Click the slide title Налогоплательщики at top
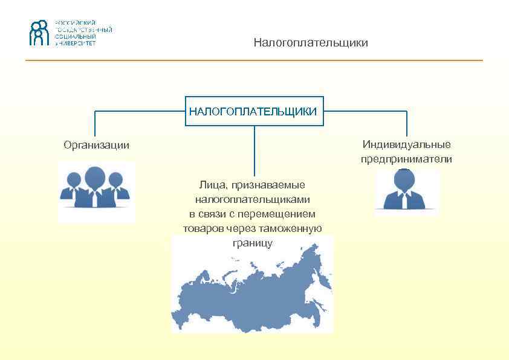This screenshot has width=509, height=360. [x=311, y=43]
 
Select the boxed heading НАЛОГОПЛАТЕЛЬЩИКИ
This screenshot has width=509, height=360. [x=254, y=111]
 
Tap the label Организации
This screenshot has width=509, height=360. [x=97, y=145]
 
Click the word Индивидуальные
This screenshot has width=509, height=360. [x=406, y=144]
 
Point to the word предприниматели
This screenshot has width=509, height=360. [x=406, y=159]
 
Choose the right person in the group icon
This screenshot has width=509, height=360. [x=118, y=187]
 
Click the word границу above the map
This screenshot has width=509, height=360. [x=252, y=243]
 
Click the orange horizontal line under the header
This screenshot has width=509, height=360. [x=254, y=60]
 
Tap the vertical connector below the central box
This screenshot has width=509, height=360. [x=254, y=151]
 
